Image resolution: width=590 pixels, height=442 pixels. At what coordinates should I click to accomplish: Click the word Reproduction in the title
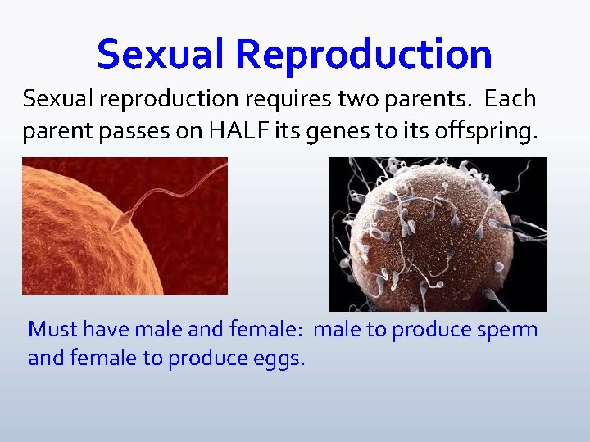coord(364,55)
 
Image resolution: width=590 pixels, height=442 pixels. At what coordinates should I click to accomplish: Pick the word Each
coord(509,99)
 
